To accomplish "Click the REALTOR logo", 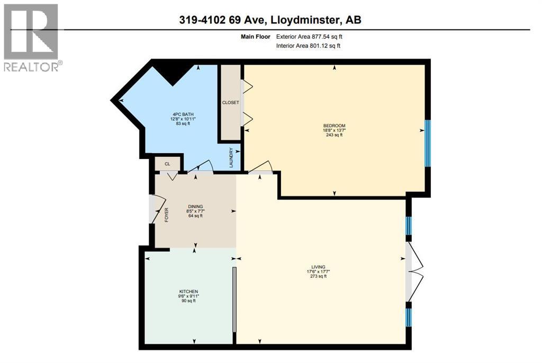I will tap(31, 37).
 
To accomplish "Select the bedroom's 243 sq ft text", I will tap(335, 135).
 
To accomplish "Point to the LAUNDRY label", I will tap(231, 158).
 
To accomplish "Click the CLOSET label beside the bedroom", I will tap(230, 102).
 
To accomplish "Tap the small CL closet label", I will tap(167, 164).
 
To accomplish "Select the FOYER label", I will tap(166, 215).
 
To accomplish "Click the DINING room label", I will tap(196, 207).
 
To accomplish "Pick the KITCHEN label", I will tap(188, 291).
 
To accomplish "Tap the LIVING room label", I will tap(318, 267).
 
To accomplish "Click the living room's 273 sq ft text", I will tap(318, 276).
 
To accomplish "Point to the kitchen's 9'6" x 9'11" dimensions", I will tap(188, 296).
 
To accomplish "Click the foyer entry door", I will tap(156, 210).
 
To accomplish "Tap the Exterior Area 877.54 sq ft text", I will tap(312, 37).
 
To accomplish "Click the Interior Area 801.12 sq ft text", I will tap(308, 46).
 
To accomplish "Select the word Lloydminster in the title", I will tap(303, 20).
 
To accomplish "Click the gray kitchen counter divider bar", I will tap(234, 299).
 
